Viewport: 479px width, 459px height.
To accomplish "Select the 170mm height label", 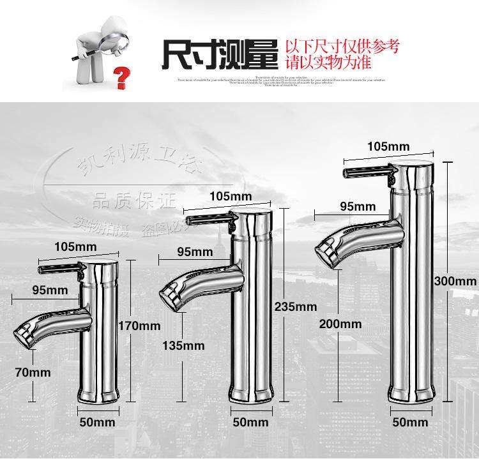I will click(139, 326).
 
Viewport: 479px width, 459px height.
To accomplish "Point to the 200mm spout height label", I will click(340, 324).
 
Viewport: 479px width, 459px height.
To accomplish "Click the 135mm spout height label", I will click(184, 345).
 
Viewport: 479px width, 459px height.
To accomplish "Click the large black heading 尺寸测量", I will click(219, 54).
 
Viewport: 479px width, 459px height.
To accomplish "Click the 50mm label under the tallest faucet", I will click(410, 422).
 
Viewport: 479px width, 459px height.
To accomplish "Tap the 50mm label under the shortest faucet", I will click(97, 421).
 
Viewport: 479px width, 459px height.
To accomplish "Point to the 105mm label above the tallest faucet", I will click(388, 146).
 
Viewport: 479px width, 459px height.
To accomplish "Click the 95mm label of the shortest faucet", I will click(49, 290).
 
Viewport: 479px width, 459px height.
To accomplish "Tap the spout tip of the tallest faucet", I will click(327, 248).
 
